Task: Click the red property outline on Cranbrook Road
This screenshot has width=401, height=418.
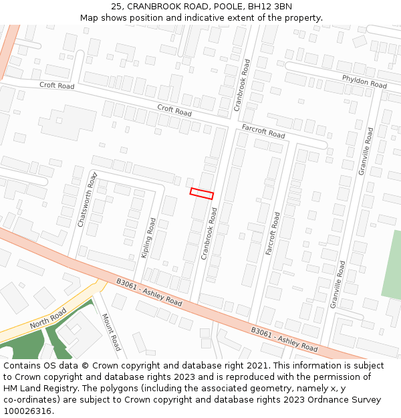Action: coord(202,194)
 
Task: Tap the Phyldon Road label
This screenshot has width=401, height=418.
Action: coord(364,82)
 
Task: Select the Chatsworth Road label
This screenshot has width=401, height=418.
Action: coord(88,199)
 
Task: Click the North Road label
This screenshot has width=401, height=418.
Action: coord(48,318)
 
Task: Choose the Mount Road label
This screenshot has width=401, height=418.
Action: coord(111,332)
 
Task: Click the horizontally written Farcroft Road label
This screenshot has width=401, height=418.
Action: coord(263,130)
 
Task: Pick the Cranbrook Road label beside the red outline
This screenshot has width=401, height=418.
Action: coord(209,233)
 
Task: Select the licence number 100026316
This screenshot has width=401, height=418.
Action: coord(27,411)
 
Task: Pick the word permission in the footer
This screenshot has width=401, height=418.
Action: coord(325,377)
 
